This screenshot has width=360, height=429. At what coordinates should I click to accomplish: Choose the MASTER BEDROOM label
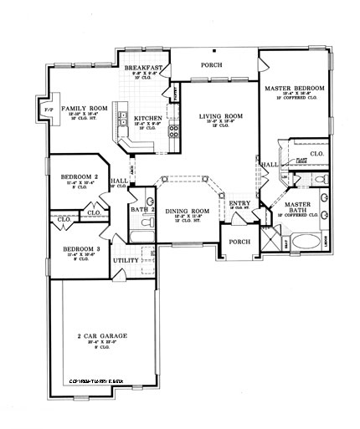(x=295, y=88)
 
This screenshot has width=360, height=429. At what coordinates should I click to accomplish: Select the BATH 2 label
(x=141, y=209)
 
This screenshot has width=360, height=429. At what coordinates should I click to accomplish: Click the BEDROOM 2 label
(x=80, y=177)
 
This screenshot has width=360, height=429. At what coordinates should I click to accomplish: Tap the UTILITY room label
(x=126, y=260)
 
